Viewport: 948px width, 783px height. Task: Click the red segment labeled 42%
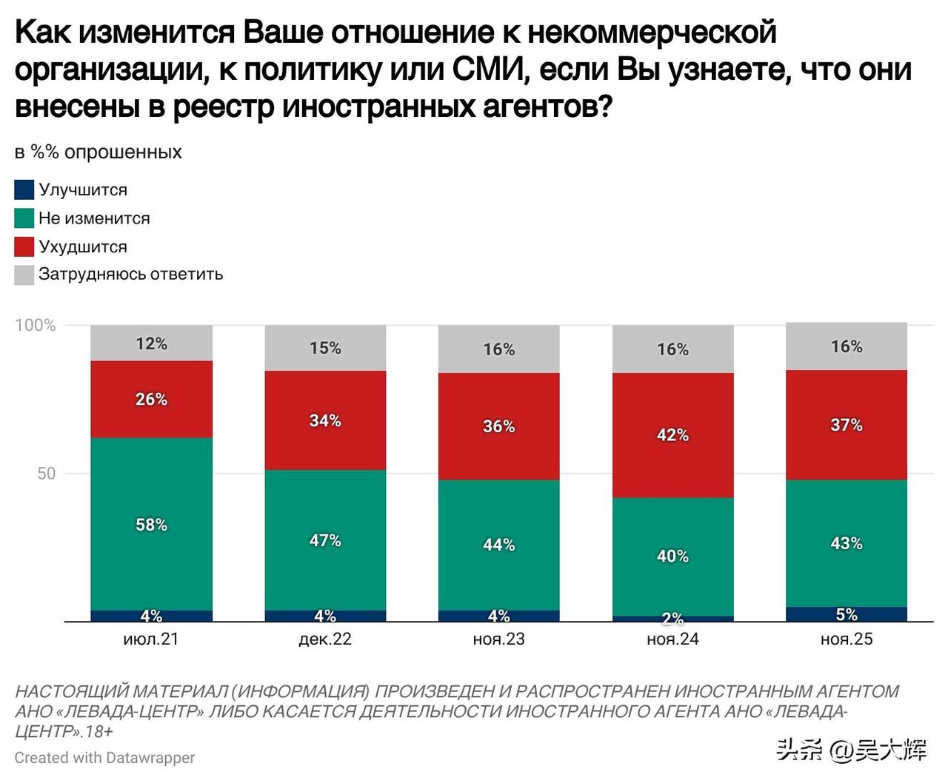pos(672,435)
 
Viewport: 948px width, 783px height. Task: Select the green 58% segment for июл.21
pos(151,524)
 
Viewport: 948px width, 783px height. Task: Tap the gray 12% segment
pos(151,343)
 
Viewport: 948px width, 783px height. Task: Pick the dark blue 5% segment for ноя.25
pos(847,614)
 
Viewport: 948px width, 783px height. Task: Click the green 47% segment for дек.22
pos(325,540)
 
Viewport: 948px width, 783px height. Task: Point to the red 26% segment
pos(151,400)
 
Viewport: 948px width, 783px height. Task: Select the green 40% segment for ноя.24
pos(672,556)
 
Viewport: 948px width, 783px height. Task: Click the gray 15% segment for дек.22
pos(325,348)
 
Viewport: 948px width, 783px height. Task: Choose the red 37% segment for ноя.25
pos(847,425)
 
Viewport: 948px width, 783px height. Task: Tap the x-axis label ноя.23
pos(498,639)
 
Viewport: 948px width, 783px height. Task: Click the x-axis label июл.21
pos(151,639)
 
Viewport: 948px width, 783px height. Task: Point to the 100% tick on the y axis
pos(35,326)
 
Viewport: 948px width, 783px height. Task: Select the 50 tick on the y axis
pos(46,474)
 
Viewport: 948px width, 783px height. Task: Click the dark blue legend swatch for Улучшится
pos(24,190)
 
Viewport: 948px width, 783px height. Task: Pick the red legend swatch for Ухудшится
pos(24,246)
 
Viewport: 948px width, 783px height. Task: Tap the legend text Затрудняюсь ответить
pos(130,275)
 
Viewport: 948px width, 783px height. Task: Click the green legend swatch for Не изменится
pos(24,218)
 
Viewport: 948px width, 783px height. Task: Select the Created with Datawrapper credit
pos(104,758)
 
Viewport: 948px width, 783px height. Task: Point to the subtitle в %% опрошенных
pos(98,152)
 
